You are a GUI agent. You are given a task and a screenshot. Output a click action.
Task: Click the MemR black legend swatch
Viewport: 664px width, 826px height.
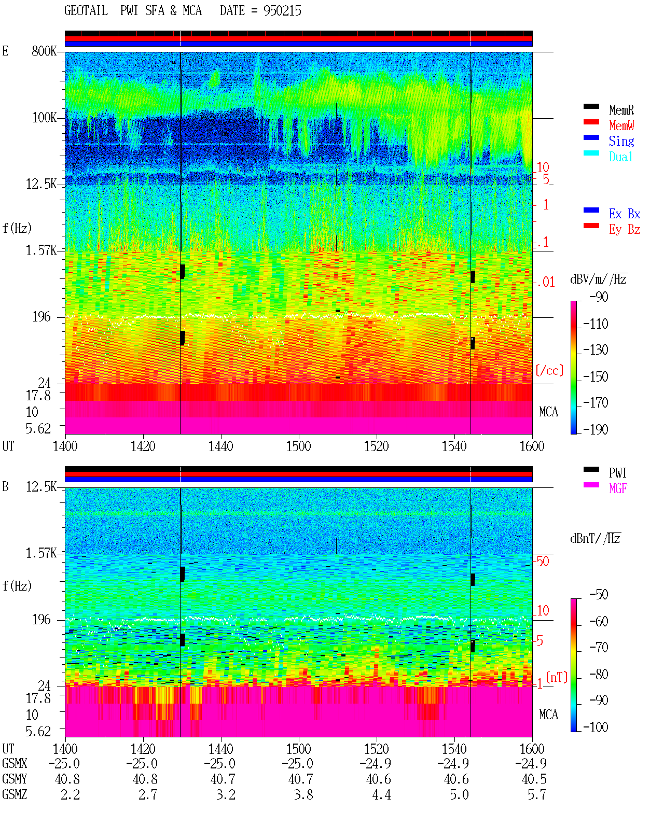591,106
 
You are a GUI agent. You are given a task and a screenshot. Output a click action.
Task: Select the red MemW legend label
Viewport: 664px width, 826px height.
621,125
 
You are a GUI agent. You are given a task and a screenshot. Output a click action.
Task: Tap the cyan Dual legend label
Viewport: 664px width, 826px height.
620,157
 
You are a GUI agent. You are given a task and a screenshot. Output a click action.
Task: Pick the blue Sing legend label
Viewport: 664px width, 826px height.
621,141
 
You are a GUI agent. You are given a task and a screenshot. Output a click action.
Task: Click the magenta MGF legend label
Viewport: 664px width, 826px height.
618,488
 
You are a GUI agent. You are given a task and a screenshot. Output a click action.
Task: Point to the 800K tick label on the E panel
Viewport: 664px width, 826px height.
44,51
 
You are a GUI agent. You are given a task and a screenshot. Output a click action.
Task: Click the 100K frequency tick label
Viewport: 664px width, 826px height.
44,118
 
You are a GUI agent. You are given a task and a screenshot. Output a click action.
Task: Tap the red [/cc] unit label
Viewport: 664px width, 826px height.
549,370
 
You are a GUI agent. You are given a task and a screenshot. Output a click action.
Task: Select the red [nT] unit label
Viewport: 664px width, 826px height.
557,677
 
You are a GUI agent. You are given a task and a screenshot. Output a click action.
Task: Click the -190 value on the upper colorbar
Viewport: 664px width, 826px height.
596,429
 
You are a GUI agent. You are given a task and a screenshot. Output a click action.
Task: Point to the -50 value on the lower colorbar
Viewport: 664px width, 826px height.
599,595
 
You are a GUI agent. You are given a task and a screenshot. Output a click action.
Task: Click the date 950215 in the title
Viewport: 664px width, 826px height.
282,11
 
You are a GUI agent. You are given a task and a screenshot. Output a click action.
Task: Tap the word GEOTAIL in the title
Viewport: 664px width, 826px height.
86,11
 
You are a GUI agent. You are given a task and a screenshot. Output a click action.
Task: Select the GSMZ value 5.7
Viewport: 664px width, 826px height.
537,794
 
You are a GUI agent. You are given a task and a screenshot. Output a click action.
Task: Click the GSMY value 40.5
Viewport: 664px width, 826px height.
534,779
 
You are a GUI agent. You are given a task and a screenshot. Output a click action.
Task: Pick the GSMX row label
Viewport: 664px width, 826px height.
15,763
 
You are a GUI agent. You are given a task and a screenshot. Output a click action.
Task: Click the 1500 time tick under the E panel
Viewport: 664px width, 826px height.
298,446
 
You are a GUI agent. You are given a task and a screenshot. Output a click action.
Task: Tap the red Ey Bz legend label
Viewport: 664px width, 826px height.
625,230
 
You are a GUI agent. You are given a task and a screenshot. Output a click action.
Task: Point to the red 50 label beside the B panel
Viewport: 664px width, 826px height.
543,561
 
